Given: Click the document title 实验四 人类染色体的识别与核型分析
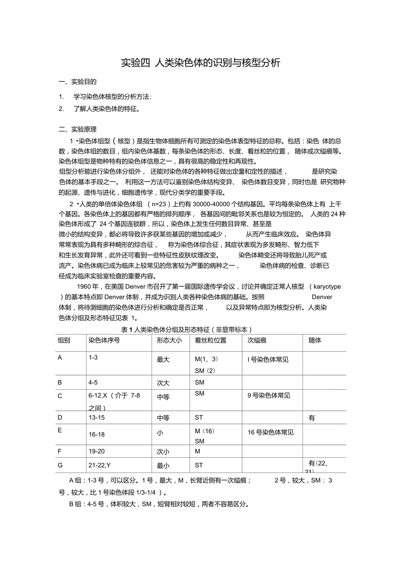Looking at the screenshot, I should coord(200,63).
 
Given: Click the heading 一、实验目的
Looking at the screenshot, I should coord(78,82).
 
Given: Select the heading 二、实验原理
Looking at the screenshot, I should coord(78,129).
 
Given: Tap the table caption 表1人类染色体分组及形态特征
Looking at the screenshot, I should coord(186,330).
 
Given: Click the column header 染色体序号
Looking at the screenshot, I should coord(104,340).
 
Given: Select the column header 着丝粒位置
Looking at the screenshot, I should coord(211,340).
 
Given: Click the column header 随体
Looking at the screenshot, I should coord(315,340).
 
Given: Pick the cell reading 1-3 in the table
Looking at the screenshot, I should coord(93,357).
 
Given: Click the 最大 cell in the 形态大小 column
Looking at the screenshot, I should coord(163,360).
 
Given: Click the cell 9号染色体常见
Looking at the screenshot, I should coord(269,396).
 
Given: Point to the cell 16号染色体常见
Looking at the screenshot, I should coord(271,432).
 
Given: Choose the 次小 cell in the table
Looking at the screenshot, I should coord(163,452).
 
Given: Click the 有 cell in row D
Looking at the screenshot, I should coord(312,418).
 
